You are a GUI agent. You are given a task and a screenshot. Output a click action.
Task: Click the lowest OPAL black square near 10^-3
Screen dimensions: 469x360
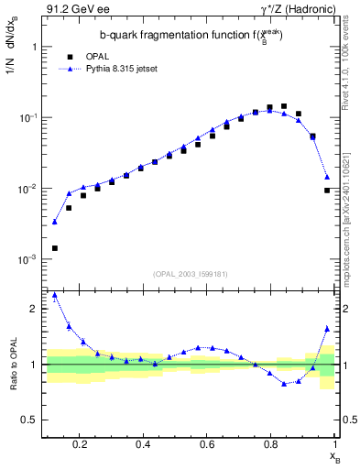tap(55, 248)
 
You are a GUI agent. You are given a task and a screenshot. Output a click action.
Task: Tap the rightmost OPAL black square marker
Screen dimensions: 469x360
tap(327, 191)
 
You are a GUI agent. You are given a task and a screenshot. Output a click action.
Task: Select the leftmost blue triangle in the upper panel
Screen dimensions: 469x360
tap(55, 222)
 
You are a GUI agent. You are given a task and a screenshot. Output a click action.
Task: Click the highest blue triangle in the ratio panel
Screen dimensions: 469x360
tap(55, 296)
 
